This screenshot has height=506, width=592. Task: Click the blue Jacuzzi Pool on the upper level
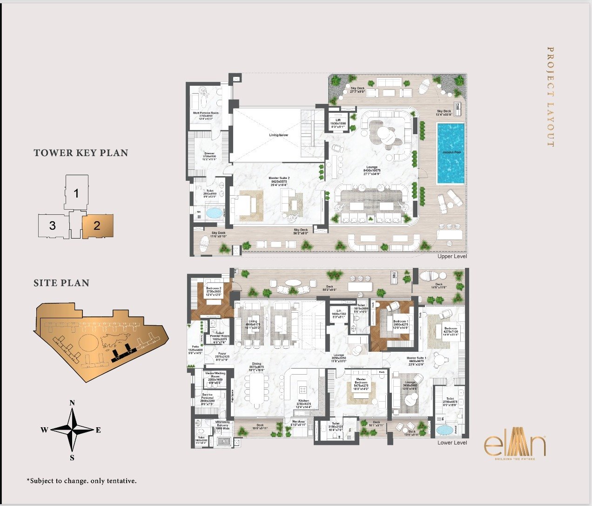(x=451, y=153)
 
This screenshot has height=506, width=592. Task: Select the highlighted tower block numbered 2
(x=97, y=226)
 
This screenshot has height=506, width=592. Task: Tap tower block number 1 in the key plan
(x=77, y=193)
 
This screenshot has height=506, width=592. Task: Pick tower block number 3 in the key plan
(x=53, y=226)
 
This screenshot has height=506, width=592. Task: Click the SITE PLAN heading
(x=61, y=283)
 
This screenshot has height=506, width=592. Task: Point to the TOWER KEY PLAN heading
(x=81, y=153)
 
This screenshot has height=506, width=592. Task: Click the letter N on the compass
(x=72, y=403)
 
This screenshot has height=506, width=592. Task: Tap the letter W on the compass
(x=44, y=430)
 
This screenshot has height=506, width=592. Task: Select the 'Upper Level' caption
(x=452, y=256)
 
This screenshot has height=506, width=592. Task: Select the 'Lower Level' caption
(x=452, y=443)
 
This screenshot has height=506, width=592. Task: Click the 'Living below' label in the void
(x=278, y=135)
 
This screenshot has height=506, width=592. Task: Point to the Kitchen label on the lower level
(x=303, y=401)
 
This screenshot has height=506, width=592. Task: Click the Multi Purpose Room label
(x=206, y=113)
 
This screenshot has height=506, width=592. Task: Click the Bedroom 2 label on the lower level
(x=214, y=288)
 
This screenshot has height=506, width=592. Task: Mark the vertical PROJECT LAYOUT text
(x=550, y=96)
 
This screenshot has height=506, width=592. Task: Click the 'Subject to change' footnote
(x=82, y=481)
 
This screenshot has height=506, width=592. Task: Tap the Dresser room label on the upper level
(x=209, y=153)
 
